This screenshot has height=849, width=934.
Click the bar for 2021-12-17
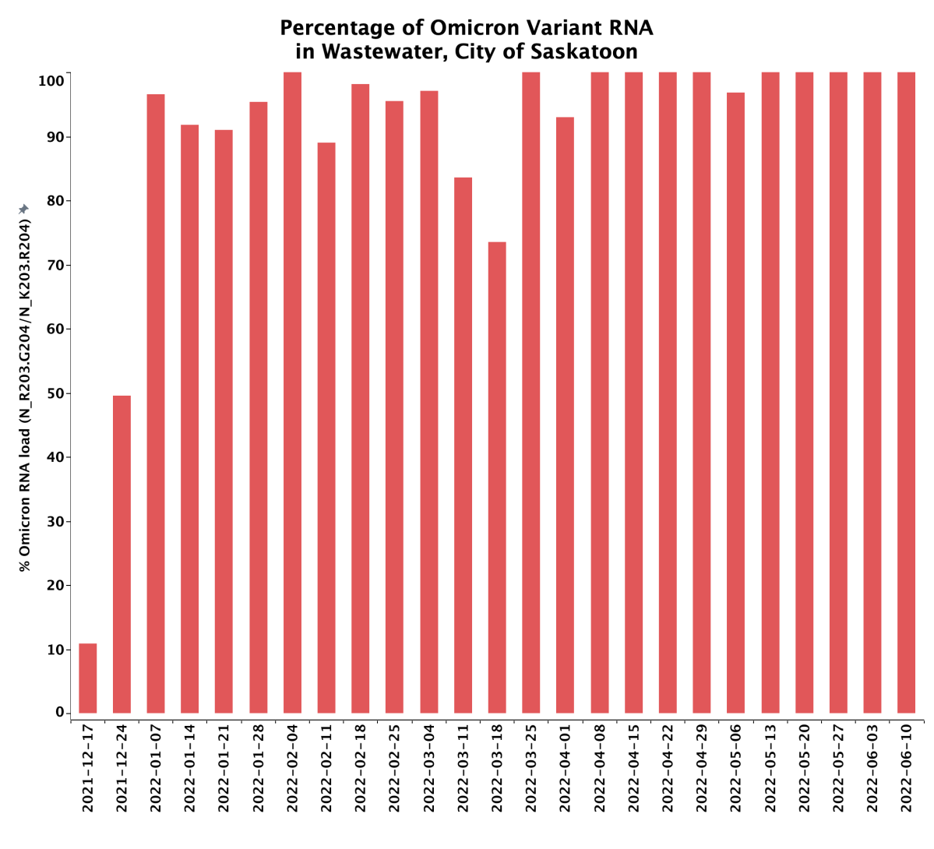[88, 678]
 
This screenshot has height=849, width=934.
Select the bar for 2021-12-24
[122, 555]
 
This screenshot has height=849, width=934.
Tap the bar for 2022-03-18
[497, 477]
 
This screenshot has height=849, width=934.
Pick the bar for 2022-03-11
[463, 446]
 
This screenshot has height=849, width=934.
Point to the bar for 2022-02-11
[326, 428]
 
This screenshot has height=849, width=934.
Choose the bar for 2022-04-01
[566, 415]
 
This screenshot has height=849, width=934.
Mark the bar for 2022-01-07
[156, 403]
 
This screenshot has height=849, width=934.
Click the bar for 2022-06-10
[907, 393]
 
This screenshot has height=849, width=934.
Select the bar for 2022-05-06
[736, 403]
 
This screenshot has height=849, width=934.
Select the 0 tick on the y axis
[60, 713]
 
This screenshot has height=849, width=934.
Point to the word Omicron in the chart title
[465, 28]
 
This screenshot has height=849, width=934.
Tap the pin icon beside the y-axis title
[24, 209]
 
